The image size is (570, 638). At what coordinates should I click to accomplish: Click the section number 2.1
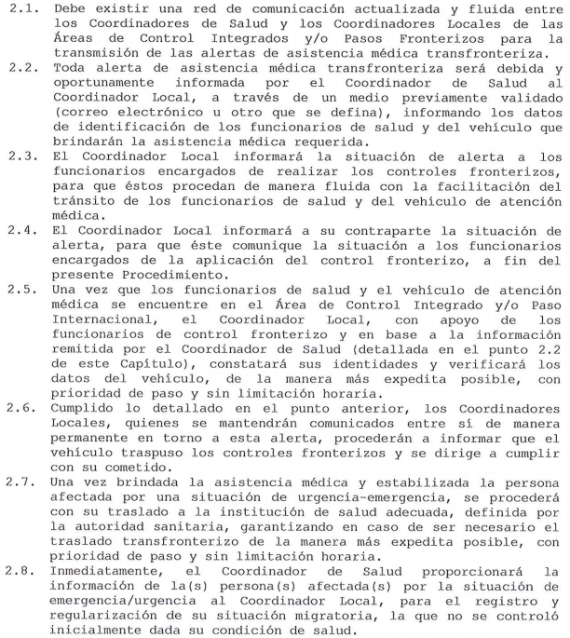[20, 8]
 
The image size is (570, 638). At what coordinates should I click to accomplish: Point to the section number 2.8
[20, 570]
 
